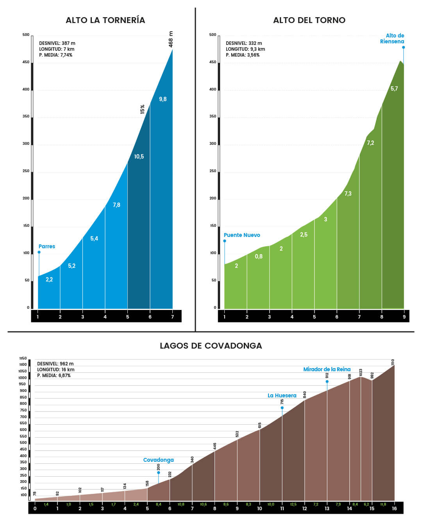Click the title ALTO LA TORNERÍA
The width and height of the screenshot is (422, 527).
105,20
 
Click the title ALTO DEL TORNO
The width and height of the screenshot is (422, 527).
309,20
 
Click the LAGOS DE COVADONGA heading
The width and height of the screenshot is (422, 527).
211,346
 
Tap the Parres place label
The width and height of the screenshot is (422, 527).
47,246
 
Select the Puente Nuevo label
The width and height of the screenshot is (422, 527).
242,235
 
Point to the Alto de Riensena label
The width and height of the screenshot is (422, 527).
393,38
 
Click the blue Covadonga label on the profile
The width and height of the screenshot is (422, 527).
158,460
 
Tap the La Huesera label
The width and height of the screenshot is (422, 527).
282,395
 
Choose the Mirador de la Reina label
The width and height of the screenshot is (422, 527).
327,369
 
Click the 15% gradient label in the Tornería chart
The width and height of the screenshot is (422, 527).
143,109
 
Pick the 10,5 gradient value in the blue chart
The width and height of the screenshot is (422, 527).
139,157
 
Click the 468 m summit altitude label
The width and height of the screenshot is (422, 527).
171,39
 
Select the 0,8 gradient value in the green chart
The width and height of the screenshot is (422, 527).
259,256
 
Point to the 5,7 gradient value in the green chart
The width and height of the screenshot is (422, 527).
394,89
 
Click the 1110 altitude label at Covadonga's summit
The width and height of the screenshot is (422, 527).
393,362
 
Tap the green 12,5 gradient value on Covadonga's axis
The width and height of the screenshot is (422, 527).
293,505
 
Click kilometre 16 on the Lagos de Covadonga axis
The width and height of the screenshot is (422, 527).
394,508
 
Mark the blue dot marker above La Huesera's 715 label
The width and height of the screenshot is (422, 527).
282,408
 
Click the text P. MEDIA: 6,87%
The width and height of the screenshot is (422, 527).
54,376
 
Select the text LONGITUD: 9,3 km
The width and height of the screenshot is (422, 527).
245,49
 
